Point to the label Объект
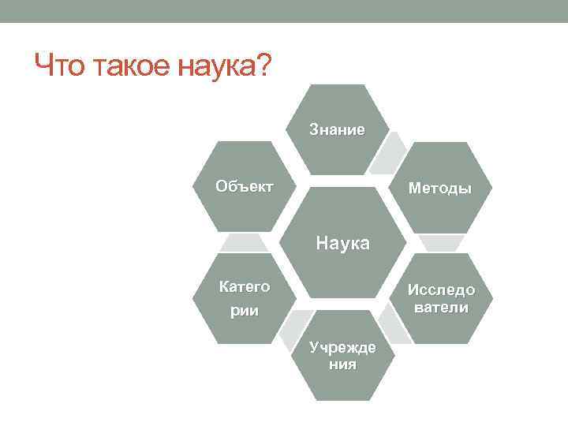click(x=245, y=187)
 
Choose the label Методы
click(x=439, y=189)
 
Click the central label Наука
click(x=342, y=242)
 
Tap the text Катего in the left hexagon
click(x=245, y=286)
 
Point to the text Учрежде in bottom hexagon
click(x=342, y=348)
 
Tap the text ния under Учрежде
click(x=342, y=364)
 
